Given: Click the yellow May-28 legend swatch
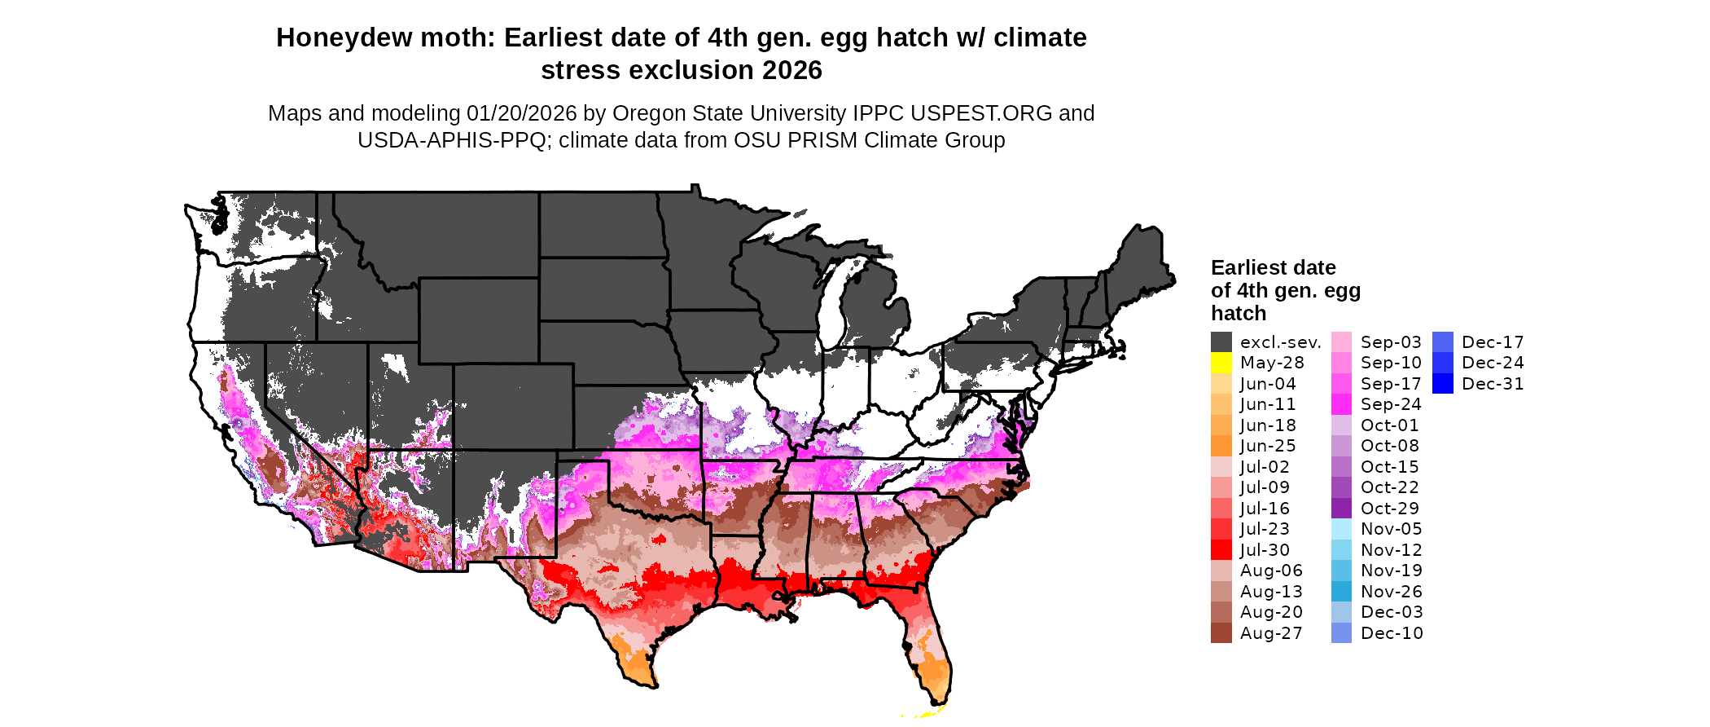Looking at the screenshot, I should [x=1221, y=363].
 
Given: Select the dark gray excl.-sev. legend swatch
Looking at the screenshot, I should [x=1221, y=342].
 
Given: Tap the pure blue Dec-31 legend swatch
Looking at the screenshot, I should [x=1442, y=384].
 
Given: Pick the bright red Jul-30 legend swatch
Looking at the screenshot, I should [x=1221, y=550].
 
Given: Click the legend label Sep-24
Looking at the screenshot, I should [x=1390, y=404].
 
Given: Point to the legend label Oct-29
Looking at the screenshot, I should [x=1389, y=509].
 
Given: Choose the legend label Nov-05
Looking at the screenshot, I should [x=1391, y=529].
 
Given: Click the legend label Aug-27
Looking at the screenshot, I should [x=1271, y=633].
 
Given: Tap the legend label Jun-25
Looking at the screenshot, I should [x=1268, y=446].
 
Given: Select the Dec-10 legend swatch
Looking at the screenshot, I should [x=1341, y=633].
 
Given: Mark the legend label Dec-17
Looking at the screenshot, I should [x=1493, y=342].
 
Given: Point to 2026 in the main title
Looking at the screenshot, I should [x=792, y=71].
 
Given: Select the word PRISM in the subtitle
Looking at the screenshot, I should [x=817, y=140].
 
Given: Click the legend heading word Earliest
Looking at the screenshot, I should [x=1248, y=268].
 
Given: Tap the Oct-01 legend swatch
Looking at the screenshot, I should [x=1341, y=425].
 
